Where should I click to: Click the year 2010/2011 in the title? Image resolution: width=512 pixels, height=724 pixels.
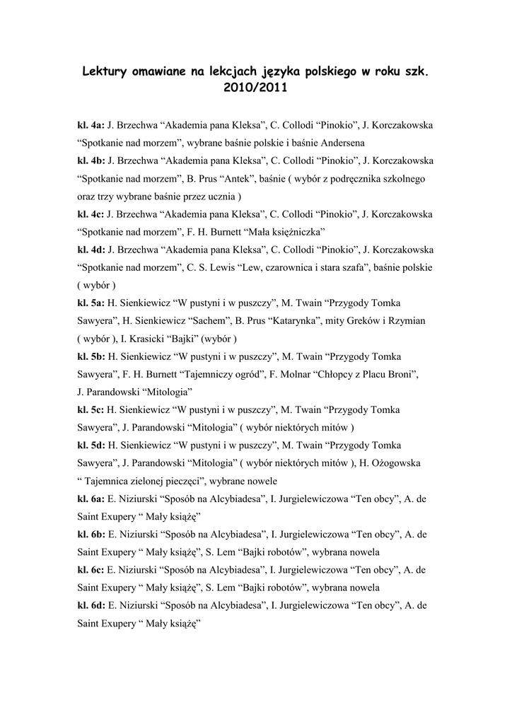[x=256, y=90]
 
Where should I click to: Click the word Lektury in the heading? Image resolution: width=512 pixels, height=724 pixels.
[x=107, y=72]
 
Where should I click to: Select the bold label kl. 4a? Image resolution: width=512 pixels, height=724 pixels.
[x=91, y=125]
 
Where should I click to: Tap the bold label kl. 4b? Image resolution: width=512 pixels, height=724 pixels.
[x=91, y=160]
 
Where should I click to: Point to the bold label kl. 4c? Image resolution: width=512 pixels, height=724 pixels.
[x=91, y=214]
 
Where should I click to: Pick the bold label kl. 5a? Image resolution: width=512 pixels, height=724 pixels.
[x=91, y=303]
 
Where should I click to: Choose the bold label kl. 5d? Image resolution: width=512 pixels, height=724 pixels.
[x=91, y=445]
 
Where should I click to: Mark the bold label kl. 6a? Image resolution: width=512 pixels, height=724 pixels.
[x=91, y=498]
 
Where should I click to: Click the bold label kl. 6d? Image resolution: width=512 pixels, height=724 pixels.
[x=91, y=605]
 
